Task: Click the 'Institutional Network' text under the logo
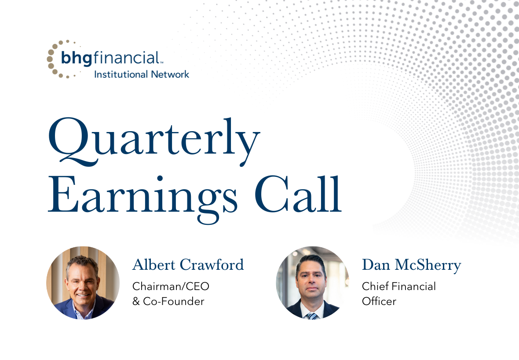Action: point(142,74)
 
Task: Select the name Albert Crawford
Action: point(188,265)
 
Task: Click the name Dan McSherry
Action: point(411,265)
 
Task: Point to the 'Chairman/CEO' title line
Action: point(171,286)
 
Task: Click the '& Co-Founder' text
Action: point(168,301)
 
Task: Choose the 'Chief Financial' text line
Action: point(398,286)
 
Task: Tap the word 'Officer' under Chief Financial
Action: point(379,301)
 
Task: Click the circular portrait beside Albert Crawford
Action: point(83,283)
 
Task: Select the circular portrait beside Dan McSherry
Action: point(312,283)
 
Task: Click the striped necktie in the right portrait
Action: point(312,315)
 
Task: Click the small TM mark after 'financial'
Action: point(161,63)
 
